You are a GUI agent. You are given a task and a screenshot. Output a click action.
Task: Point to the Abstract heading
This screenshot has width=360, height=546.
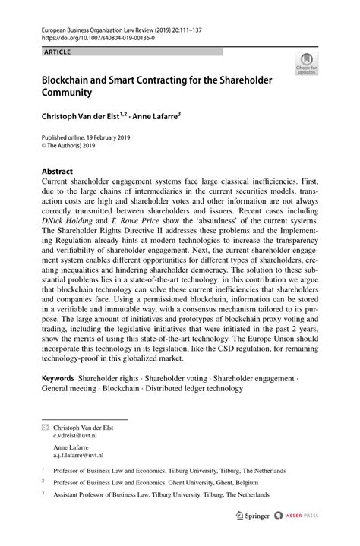tap(62, 172)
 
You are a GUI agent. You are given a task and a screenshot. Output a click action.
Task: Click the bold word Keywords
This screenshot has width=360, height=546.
tap(58, 378)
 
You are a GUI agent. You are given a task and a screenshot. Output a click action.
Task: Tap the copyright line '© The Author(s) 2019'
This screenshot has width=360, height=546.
tap(74, 147)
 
